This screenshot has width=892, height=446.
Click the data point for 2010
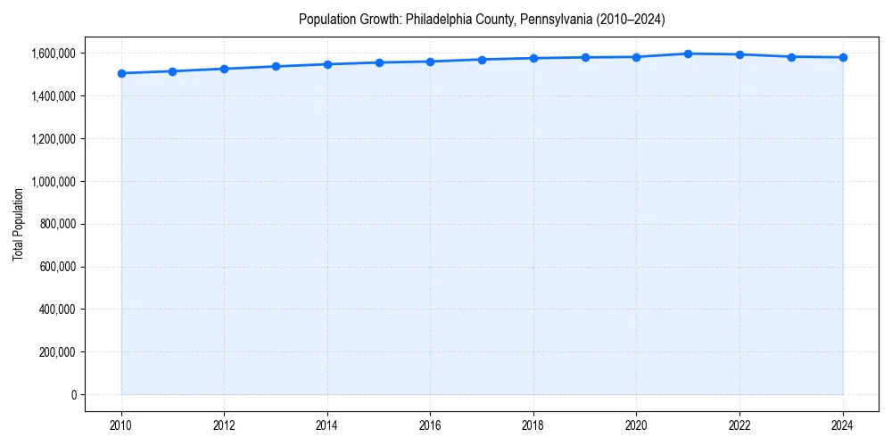[121, 73]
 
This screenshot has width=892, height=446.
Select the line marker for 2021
[688, 54]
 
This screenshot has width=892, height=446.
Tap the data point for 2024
[843, 57]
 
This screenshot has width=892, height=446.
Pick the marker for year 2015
[379, 62]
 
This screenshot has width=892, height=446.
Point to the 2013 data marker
[276, 66]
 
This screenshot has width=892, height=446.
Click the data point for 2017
[482, 60]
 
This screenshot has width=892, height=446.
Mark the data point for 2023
[791, 56]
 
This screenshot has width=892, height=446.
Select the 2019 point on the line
[585, 57]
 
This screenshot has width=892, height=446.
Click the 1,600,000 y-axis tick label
[52, 54]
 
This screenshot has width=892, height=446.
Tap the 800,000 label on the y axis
[57, 224]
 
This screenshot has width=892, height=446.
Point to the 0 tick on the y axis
[74, 395]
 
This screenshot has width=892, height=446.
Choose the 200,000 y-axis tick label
[57, 352]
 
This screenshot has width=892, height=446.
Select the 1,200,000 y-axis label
[52, 139]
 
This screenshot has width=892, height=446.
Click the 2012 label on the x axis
[224, 425]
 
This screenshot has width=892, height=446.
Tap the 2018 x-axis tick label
[533, 425]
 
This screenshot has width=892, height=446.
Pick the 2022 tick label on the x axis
[739, 425]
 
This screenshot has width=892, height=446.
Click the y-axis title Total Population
[18, 224]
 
